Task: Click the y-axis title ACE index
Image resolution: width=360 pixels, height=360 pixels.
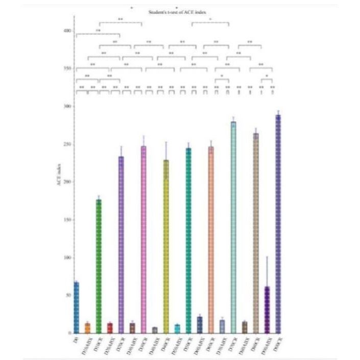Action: pyautogui.click(x=60, y=187)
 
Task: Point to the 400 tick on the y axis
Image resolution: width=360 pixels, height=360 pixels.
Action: pyautogui.click(x=67, y=31)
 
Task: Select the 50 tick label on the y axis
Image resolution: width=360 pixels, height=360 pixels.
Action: pyautogui.click(x=68, y=296)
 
